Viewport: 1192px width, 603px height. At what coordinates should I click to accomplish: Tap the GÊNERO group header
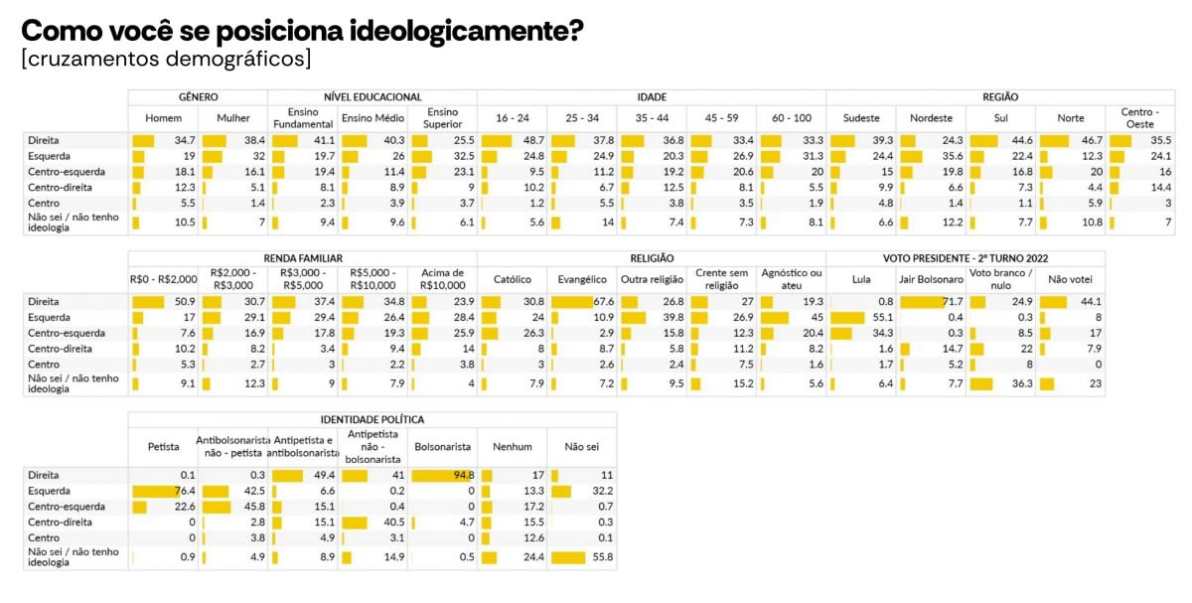pyautogui.click(x=199, y=97)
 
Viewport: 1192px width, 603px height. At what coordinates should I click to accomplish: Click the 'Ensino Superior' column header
pyautogui.click(x=442, y=118)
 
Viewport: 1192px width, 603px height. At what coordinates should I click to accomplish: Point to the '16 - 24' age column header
pyautogui.click(x=512, y=118)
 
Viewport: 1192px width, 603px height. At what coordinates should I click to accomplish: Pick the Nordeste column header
pyautogui.click(x=931, y=118)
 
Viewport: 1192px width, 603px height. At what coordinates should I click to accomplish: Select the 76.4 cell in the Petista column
pyautogui.click(x=182, y=491)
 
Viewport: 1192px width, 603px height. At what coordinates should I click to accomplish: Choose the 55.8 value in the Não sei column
pyautogui.click(x=602, y=557)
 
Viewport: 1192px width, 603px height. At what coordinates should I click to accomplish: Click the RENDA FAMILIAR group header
pyautogui.click(x=303, y=258)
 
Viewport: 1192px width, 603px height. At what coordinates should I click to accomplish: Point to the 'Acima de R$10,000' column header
pyautogui.click(x=442, y=279)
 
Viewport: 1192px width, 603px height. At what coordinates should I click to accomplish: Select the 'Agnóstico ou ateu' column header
pyautogui.click(x=791, y=279)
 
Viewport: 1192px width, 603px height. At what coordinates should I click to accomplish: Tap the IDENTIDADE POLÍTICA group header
pyautogui.click(x=372, y=419)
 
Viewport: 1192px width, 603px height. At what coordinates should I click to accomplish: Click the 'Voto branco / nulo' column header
pyautogui.click(x=1000, y=279)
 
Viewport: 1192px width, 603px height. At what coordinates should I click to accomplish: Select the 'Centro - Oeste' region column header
pyautogui.click(x=1139, y=118)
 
